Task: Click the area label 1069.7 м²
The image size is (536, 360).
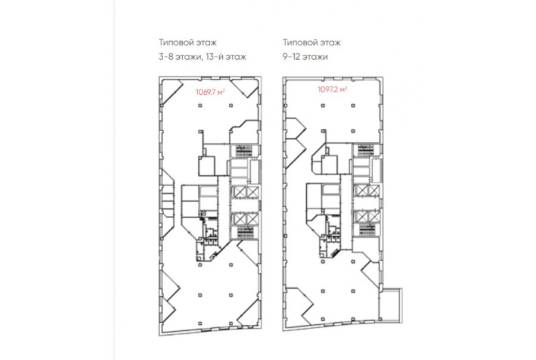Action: pyautogui.click(x=210, y=92)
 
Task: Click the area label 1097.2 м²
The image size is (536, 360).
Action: pyautogui.click(x=332, y=89)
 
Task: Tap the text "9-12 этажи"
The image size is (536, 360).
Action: pyautogui.click(x=306, y=56)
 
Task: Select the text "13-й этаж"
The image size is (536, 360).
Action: pyautogui.click(x=226, y=56)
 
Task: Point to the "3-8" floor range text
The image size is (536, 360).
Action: pyautogui.click(x=166, y=56)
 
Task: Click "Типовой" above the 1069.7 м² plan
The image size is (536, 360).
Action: pyautogui.click(x=174, y=42)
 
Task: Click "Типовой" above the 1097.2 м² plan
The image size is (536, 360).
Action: pyautogui.click(x=299, y=42)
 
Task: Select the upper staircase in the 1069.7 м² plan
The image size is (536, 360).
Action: pyautogui.click(x=244, y=151)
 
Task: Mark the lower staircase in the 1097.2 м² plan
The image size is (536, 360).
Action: pyautogui.click(x=366, y=229)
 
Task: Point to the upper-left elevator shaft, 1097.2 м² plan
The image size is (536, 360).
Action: pyautogui.click(x=361, y=190)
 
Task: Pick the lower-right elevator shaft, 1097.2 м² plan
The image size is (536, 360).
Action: pyautogui.click(x=373, y=216)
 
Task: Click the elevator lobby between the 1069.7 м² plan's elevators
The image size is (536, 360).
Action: pyautogui.click(x=245, y=205)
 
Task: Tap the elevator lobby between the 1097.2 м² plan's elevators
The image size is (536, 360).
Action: pyautogui.click(x=367, y=203)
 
